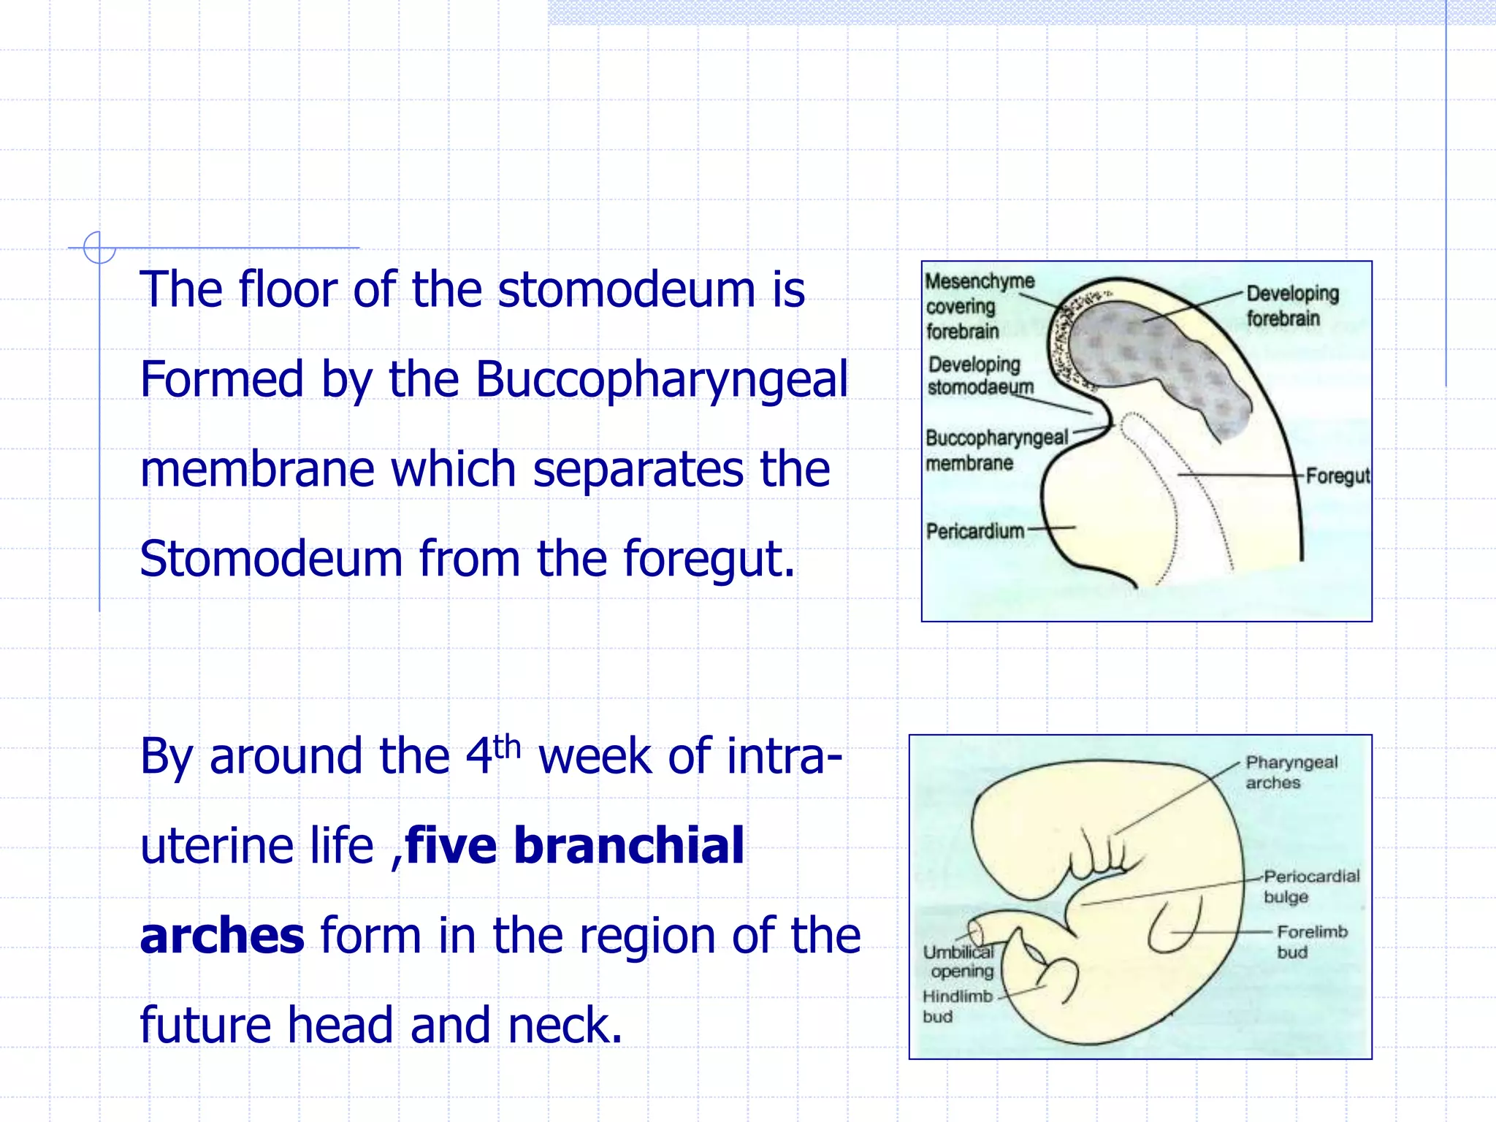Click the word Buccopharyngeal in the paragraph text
[661, 381]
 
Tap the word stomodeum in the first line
[626, 290]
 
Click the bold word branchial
[629, 846]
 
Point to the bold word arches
[222, 936]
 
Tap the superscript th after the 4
[507, 747]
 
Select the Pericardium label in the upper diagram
[974, 531]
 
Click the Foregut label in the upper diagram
[1337, 476]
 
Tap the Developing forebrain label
[1291, 306]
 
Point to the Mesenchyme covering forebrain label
[979, 306]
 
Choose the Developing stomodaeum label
[979, 375]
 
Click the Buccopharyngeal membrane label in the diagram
[995, 450]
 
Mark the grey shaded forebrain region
[1154, 358]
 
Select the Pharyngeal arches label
[1291, 772]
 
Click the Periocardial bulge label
[1311, 886]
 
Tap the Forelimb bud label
[1311, 942]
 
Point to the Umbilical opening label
[959, 961]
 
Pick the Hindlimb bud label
[957, 1006]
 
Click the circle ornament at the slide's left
[99, 248]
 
